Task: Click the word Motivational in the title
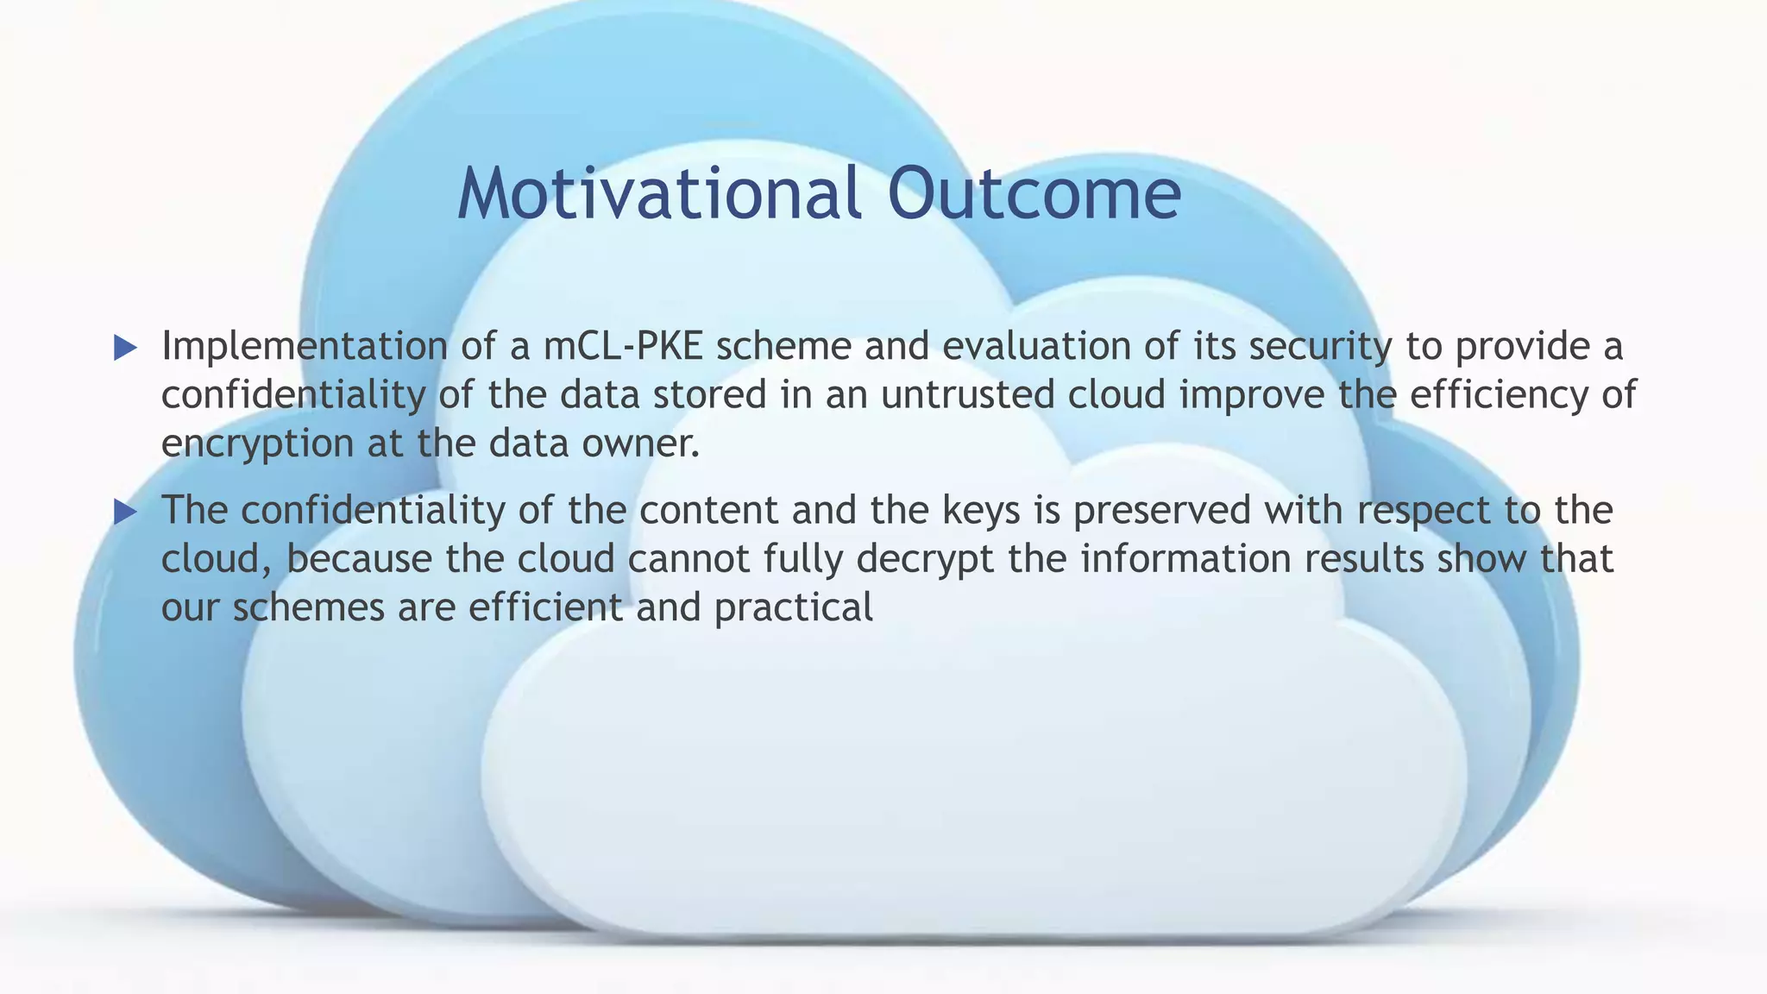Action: pyautogui.click(x=659, y=193)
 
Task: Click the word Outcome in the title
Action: pyautogui.click(x=1034, y=193)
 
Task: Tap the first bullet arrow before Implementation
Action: pyautogui.click(x=126, y=349)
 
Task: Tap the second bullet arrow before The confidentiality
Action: pyautogui.click(x=126, y=513)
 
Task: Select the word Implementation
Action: pyautogui.click(x=304, y=347)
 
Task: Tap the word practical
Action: pyautogui.click(x=794, y=608)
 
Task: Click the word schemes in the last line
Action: pyautogui.click(x=308, y=607)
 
